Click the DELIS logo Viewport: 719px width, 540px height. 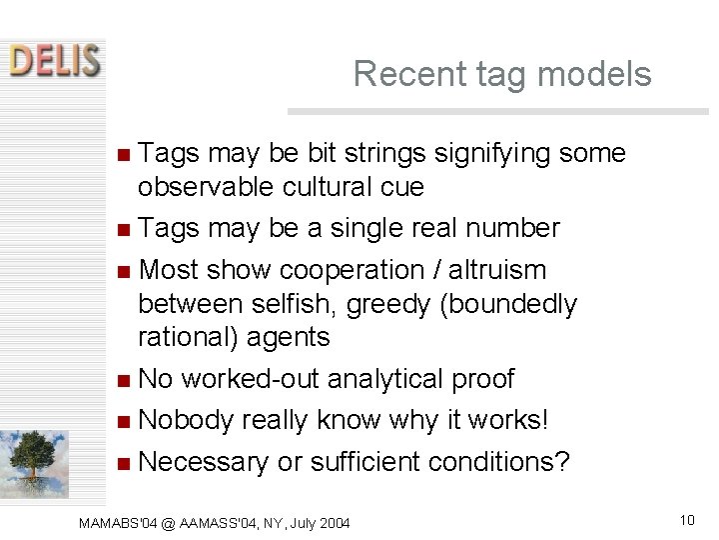point(54,59)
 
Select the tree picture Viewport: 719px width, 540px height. point(35,463)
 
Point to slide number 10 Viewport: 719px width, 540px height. point(686,519)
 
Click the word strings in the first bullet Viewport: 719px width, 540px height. point(381,154)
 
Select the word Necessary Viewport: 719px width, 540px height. point(204,462)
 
